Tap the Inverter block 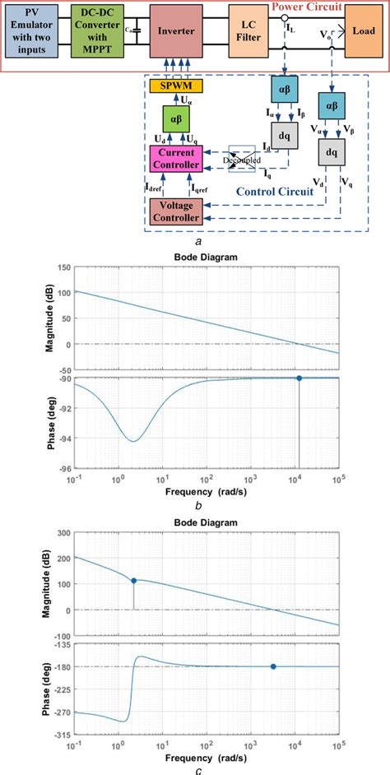(175, 30)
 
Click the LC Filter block (249, 30)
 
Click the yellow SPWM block (176, 86)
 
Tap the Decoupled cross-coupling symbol (242, 160)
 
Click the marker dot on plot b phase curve (299, 378)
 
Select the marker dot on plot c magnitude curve (133, 580)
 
